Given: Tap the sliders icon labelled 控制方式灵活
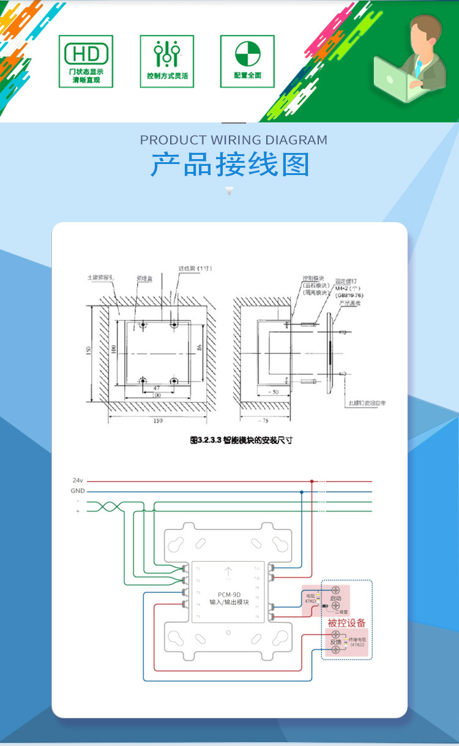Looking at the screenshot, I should click(x=166, y=54).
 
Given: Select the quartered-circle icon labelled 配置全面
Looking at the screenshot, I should click(x=247, y=54).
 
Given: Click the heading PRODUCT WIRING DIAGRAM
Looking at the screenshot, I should click(x=233, y=140).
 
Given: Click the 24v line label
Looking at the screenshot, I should click(x=78, y=480).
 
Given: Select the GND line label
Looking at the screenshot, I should click(x=78, y=491).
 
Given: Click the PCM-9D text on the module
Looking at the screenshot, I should click(x=229, y=594).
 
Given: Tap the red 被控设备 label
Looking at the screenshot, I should click(x=346, y=623).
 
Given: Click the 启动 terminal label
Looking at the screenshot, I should click(x=335, y=598).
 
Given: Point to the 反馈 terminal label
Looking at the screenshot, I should click(x=335, y=642).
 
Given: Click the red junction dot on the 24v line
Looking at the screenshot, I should click(x=312, y=480).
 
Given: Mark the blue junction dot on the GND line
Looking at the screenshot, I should click(x=301, y=491).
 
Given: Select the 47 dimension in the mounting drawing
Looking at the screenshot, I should click(x=156, y=389).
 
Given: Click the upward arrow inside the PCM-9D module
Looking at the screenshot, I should click(x=228, y=572).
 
